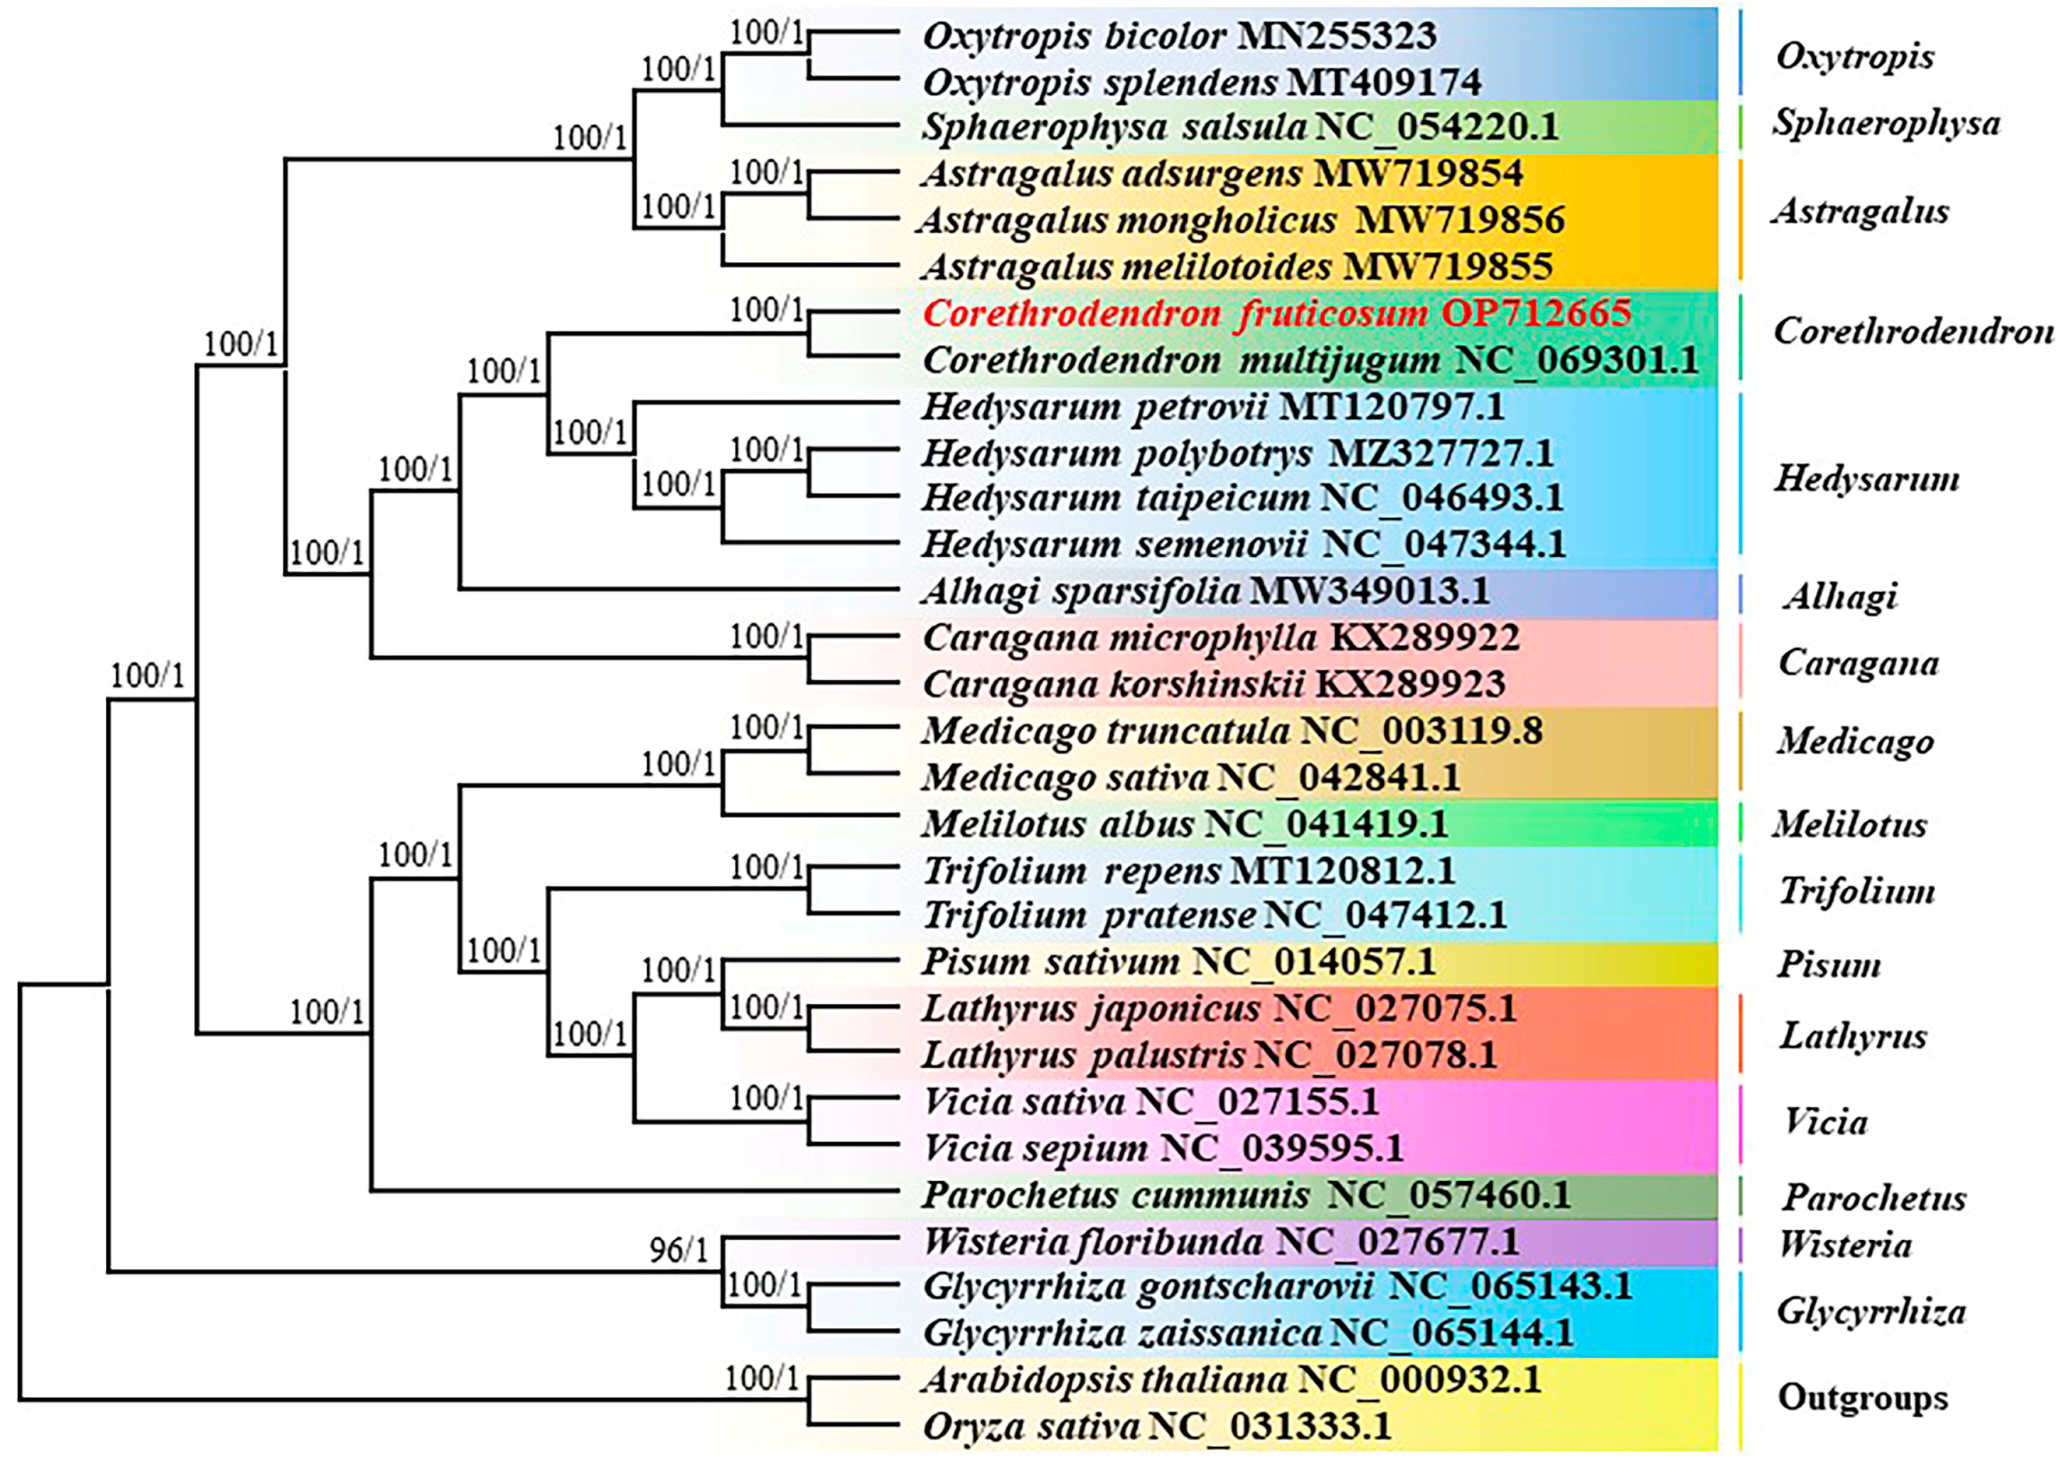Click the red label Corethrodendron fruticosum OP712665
click(1276, 314)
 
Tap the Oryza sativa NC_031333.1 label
click(1156, 1426)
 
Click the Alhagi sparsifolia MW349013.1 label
click(1205, 591)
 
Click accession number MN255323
click(1337, 35)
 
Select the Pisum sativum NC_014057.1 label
click(1178, 962)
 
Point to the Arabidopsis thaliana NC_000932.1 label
click(1231, 1379)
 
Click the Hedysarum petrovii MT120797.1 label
click(1212, 406)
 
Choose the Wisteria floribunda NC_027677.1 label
click(1220, 1242)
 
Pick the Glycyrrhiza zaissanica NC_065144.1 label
click(1247, 1333)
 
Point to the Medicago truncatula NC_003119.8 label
click(1231, 731)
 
